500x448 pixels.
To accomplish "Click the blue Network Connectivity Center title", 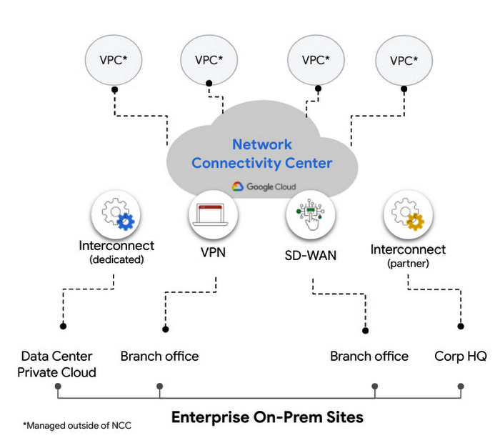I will (261, 154).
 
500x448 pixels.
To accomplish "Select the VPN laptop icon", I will (213, 213).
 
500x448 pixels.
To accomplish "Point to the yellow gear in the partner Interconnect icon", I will (414, 221).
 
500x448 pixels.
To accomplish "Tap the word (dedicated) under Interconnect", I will (116, 260).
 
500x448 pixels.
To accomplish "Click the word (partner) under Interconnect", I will (408, 264).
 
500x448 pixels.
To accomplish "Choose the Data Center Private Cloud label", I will (56, 364).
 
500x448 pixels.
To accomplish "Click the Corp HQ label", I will (461, 356).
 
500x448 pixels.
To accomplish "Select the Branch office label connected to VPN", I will (159, 356).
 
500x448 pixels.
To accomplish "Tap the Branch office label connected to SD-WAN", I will (369, 356).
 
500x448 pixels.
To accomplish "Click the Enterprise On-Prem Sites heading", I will (267, 417).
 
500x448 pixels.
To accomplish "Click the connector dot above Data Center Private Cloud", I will (64, 327).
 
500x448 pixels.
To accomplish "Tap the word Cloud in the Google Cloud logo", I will (281, 187).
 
